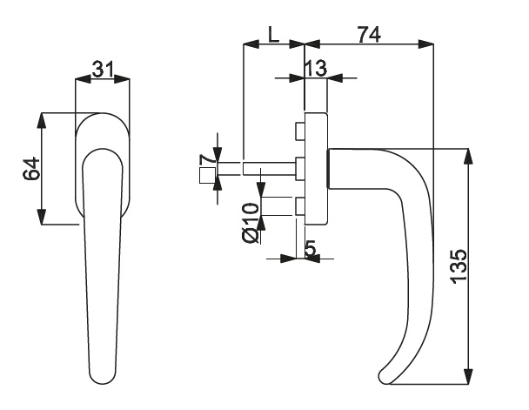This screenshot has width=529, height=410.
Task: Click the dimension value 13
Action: pyautogui.click(x=315, y=68)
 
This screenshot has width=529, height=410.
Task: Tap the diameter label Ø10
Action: pyautogui.click(x=250, y=223)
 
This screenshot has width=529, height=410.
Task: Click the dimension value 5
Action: pyautogui.click(x=311, y=248)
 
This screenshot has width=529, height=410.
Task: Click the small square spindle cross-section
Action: pyautogui.click(x=206, y=177)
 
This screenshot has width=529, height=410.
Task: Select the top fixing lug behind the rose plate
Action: pyautogui.click(x=300, y=131)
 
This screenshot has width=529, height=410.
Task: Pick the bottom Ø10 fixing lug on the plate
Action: pyautogui.click(x=300, y=207)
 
